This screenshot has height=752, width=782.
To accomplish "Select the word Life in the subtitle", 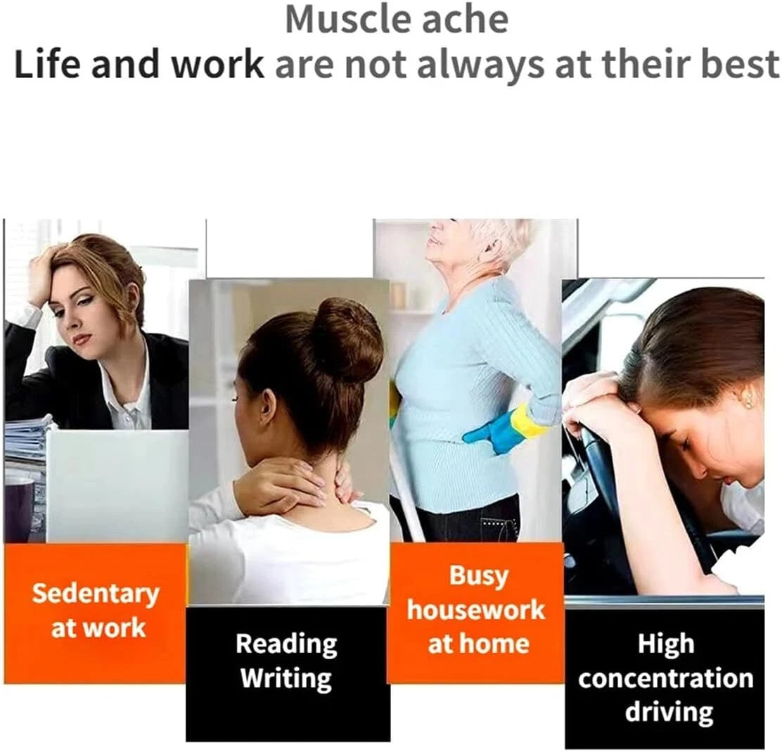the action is click(47, 65).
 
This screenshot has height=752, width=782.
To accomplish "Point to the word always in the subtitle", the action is click(480, 65).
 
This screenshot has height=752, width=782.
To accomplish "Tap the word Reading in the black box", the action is click(286, 644).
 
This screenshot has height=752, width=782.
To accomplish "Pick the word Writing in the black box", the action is click(286, 678).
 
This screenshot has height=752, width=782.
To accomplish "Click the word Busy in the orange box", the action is click(479, 576).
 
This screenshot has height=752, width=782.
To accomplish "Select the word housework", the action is click(476, 610).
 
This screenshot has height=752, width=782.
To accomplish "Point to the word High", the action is click(666, 644).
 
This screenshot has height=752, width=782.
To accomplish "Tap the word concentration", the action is click(666, 679).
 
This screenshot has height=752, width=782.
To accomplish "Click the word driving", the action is click(669, 713).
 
